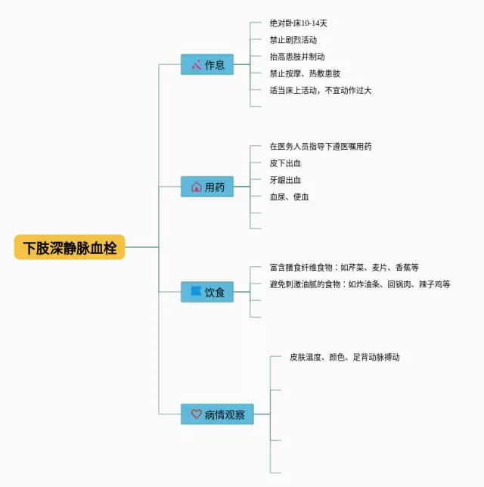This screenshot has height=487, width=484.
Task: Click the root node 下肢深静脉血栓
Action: coord(70,247)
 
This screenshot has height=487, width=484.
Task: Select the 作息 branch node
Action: coord(206,64)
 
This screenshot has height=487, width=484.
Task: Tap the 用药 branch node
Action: coord(206,187)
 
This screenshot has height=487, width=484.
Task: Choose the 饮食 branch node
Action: coord(206,292)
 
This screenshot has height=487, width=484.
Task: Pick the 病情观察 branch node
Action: coord(217,414)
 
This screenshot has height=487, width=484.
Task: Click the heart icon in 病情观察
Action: coord(196,414)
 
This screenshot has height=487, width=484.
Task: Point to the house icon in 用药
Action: coord(196,187)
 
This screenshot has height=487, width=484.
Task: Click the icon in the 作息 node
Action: coord(196,64)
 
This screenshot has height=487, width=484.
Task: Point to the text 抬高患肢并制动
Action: coord(297,57)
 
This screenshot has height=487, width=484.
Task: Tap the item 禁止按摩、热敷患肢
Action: coord(305,73)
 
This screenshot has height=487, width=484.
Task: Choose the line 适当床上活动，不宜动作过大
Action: coord(321,90)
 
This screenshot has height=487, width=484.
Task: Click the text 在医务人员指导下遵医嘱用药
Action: coord(321,146)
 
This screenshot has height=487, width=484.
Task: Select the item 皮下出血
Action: coord(285,163)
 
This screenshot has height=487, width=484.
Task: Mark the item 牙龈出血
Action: coord(285,180)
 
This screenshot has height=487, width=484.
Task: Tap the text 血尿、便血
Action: coord(289,197)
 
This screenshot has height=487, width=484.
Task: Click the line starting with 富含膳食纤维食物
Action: coord(344,267)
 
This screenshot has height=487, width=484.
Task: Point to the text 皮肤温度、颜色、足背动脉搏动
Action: coord(345,357)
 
